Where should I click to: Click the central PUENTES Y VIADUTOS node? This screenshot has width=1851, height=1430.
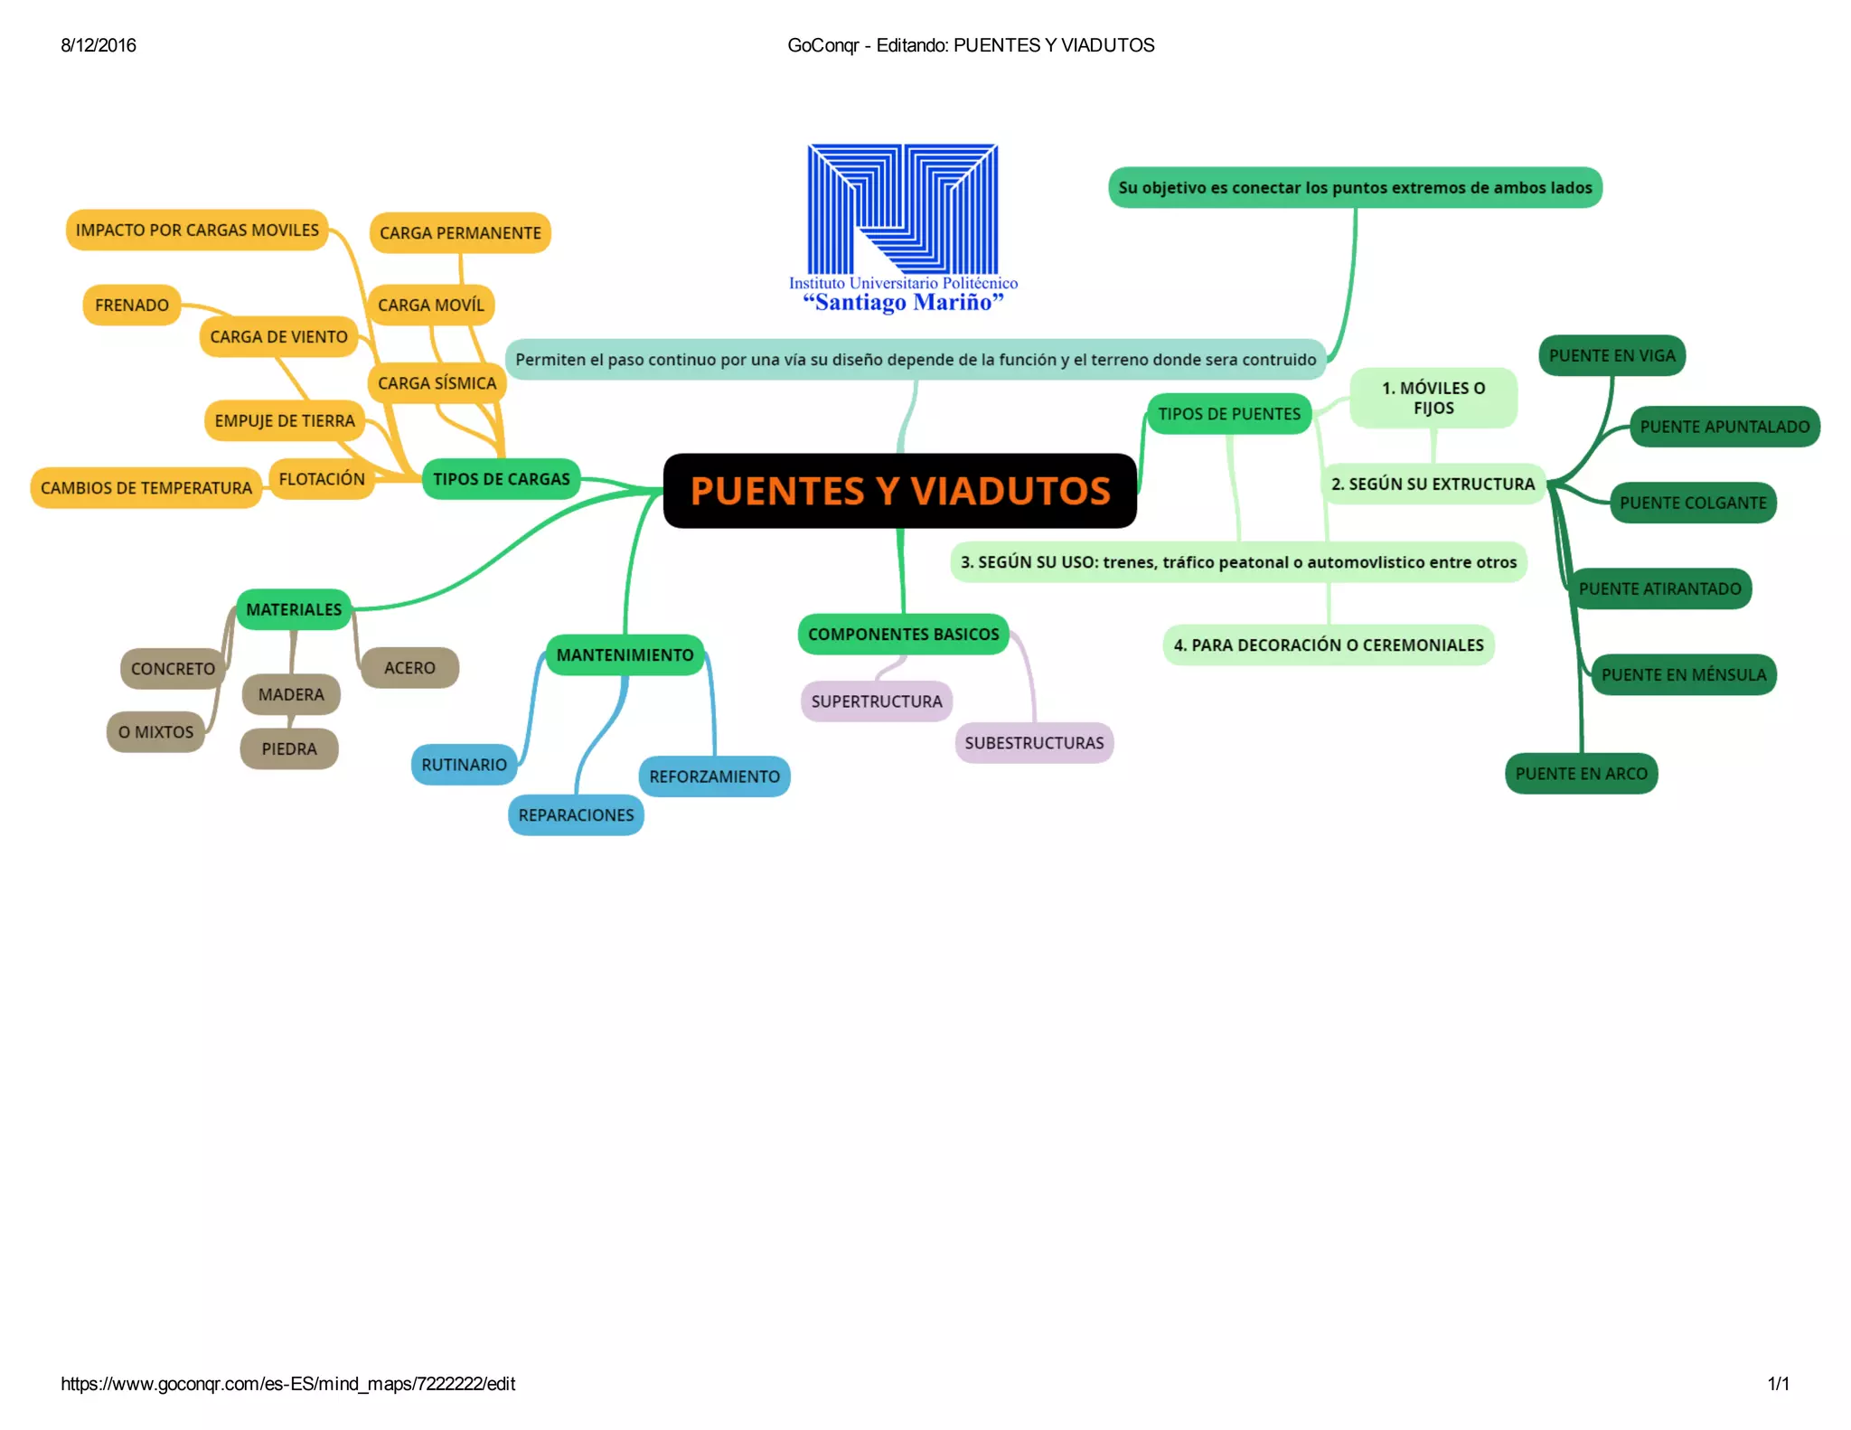pyautogui.click(x=899, y=491)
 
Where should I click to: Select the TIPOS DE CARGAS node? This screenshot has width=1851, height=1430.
pyautogui.click(x=501, y=479)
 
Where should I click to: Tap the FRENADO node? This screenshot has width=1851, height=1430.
pyautogui.click(x=132, y=306)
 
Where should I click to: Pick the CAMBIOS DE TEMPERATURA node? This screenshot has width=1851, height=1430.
pyautogui.click(x=146, y=488)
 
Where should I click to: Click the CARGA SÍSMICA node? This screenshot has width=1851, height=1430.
pyautogui.click(x=437, y=383)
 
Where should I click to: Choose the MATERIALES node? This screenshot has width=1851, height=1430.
pyautogui.click(x=294, y=610)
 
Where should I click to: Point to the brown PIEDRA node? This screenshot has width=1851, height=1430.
pyautogui.click(x=289, y=749)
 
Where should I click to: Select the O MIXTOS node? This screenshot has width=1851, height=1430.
pyautogui.click(x=155, y=732)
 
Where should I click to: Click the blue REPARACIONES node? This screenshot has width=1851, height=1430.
pyautogui.click(x=576, y=815)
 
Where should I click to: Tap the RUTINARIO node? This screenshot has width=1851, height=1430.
pyautogui.click(x=464, y=765)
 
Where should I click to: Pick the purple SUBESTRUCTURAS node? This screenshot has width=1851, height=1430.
pyautogui.click(x=1034, y=743)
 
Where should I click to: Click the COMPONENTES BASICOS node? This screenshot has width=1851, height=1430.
pyautogui.click(x=903, y=635)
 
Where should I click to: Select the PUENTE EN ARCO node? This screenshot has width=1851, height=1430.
pyautogui.click(x=1581, y=774)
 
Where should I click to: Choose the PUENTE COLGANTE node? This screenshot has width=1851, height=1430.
pyautogui.click(x=1693, y=503)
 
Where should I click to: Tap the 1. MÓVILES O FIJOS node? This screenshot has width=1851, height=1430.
pyautogui.click(x=1433, y=398)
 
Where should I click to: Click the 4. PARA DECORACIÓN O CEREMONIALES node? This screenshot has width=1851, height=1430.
pyautogui.click(x=1328, y=645)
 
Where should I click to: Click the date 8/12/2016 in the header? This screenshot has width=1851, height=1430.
pyautogui.click(x=99, y=46)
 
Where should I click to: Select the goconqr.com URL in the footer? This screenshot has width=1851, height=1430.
pyautogui.click(x=287, y=1384)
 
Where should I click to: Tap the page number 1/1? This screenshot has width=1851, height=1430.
pyautogui.click(x=1778, y=1384)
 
